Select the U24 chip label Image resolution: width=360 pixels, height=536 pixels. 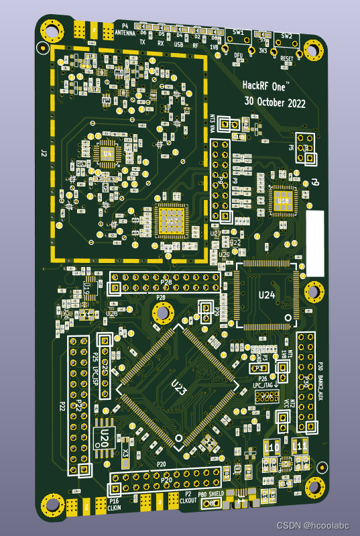click(x=267, y=294)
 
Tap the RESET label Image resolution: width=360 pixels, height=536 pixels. click(x=287, y=59)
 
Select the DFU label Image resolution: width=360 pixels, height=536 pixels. click(x=238, y=55)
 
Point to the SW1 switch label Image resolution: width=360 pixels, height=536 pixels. click(x=239, y=32)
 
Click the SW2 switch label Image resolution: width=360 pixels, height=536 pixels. click(x=287, y=36)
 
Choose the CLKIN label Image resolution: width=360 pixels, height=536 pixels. click(x=114, y=508)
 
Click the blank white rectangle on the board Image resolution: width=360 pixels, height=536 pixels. click(x=314, y=243)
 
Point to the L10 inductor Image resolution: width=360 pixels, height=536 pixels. click(x=272, y=446)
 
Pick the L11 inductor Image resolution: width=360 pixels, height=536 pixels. click(x=300, y=445)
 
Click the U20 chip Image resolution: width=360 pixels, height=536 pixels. click(x=105, y=439)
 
